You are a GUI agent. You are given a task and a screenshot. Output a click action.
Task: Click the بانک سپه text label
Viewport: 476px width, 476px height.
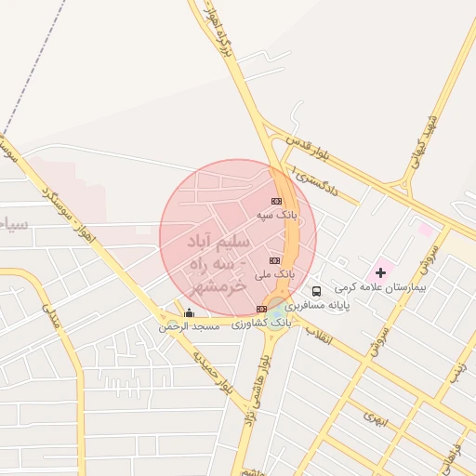(279, 214)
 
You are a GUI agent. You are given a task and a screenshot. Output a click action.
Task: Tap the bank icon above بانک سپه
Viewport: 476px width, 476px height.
(276, 201)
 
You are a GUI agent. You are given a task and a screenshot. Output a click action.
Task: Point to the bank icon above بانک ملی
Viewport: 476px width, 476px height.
(274, 260)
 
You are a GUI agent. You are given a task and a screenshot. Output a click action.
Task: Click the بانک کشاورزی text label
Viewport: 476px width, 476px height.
(261, 322)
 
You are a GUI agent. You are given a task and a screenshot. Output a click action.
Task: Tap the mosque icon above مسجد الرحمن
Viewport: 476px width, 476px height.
(190, 313)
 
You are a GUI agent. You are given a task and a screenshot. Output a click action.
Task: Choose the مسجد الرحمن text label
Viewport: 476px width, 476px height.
(189, 326)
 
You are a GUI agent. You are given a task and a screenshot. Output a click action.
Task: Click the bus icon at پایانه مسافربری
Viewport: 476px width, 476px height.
(316, 291)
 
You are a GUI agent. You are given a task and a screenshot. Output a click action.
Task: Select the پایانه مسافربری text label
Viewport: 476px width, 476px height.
(317, 305)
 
